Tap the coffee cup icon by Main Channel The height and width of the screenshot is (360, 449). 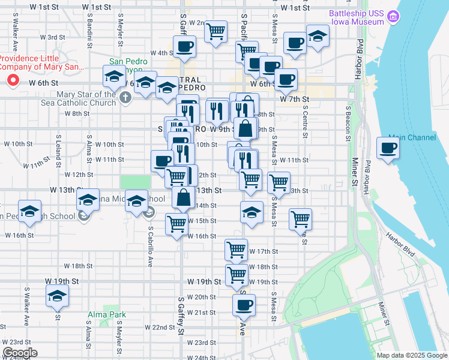click(x=388, y=148)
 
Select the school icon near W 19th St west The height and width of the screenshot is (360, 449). click(x=58, y=295)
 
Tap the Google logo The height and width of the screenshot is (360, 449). click(x=20, y=353)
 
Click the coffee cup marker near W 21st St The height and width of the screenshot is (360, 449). click(x=244, y=304)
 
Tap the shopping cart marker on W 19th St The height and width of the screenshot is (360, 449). click(x=237, y=275)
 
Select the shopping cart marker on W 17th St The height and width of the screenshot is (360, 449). click(x=237, y=248)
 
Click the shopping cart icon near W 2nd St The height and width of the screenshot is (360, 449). click(x=215, y=31)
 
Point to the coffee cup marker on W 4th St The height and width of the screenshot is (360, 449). click(x=184, y=46)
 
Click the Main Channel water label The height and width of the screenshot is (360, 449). click(x=412, y=137)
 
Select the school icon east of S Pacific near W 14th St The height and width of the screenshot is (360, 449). click(x=252, y=211)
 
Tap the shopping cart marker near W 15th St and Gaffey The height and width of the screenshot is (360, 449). click(x=176, y=224)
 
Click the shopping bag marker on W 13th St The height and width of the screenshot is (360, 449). click(x=184, y=197)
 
